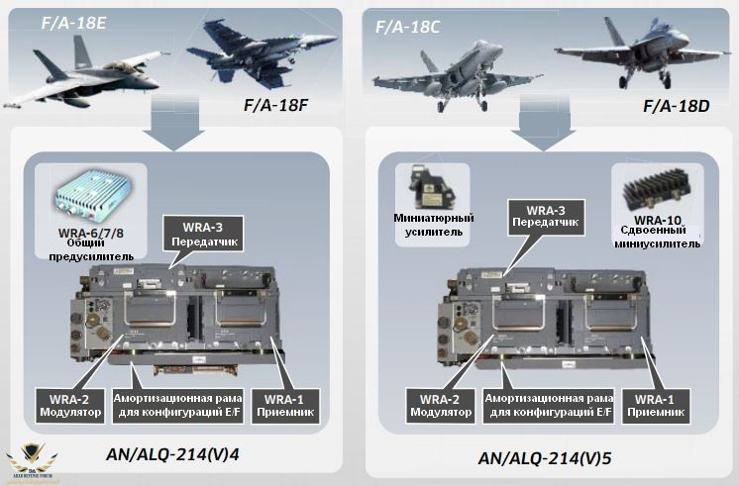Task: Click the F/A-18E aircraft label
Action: coord(75,22)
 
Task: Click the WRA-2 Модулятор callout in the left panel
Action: coord(70,404)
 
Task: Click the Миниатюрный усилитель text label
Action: coord(435,225)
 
